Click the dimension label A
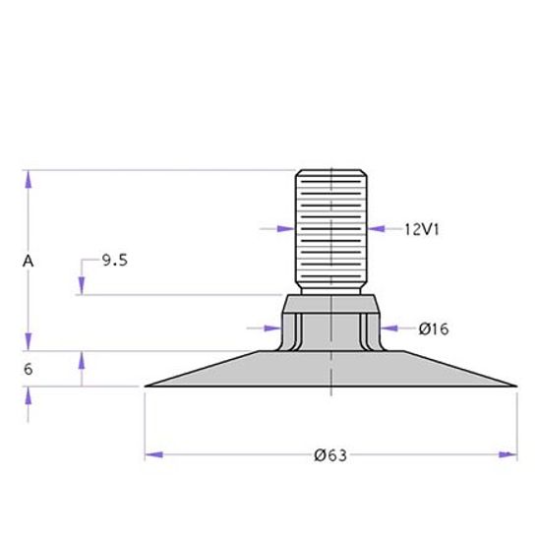point(29,262)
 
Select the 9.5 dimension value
point(115,261)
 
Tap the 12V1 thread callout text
point(422,229)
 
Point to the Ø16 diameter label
point(434,328)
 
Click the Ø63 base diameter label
point(330,455)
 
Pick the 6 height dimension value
point(29,369)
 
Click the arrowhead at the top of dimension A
point(29,179)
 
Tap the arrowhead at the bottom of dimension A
point(29,342)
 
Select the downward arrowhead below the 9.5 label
point(82,286)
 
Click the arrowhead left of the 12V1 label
point(376,229)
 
